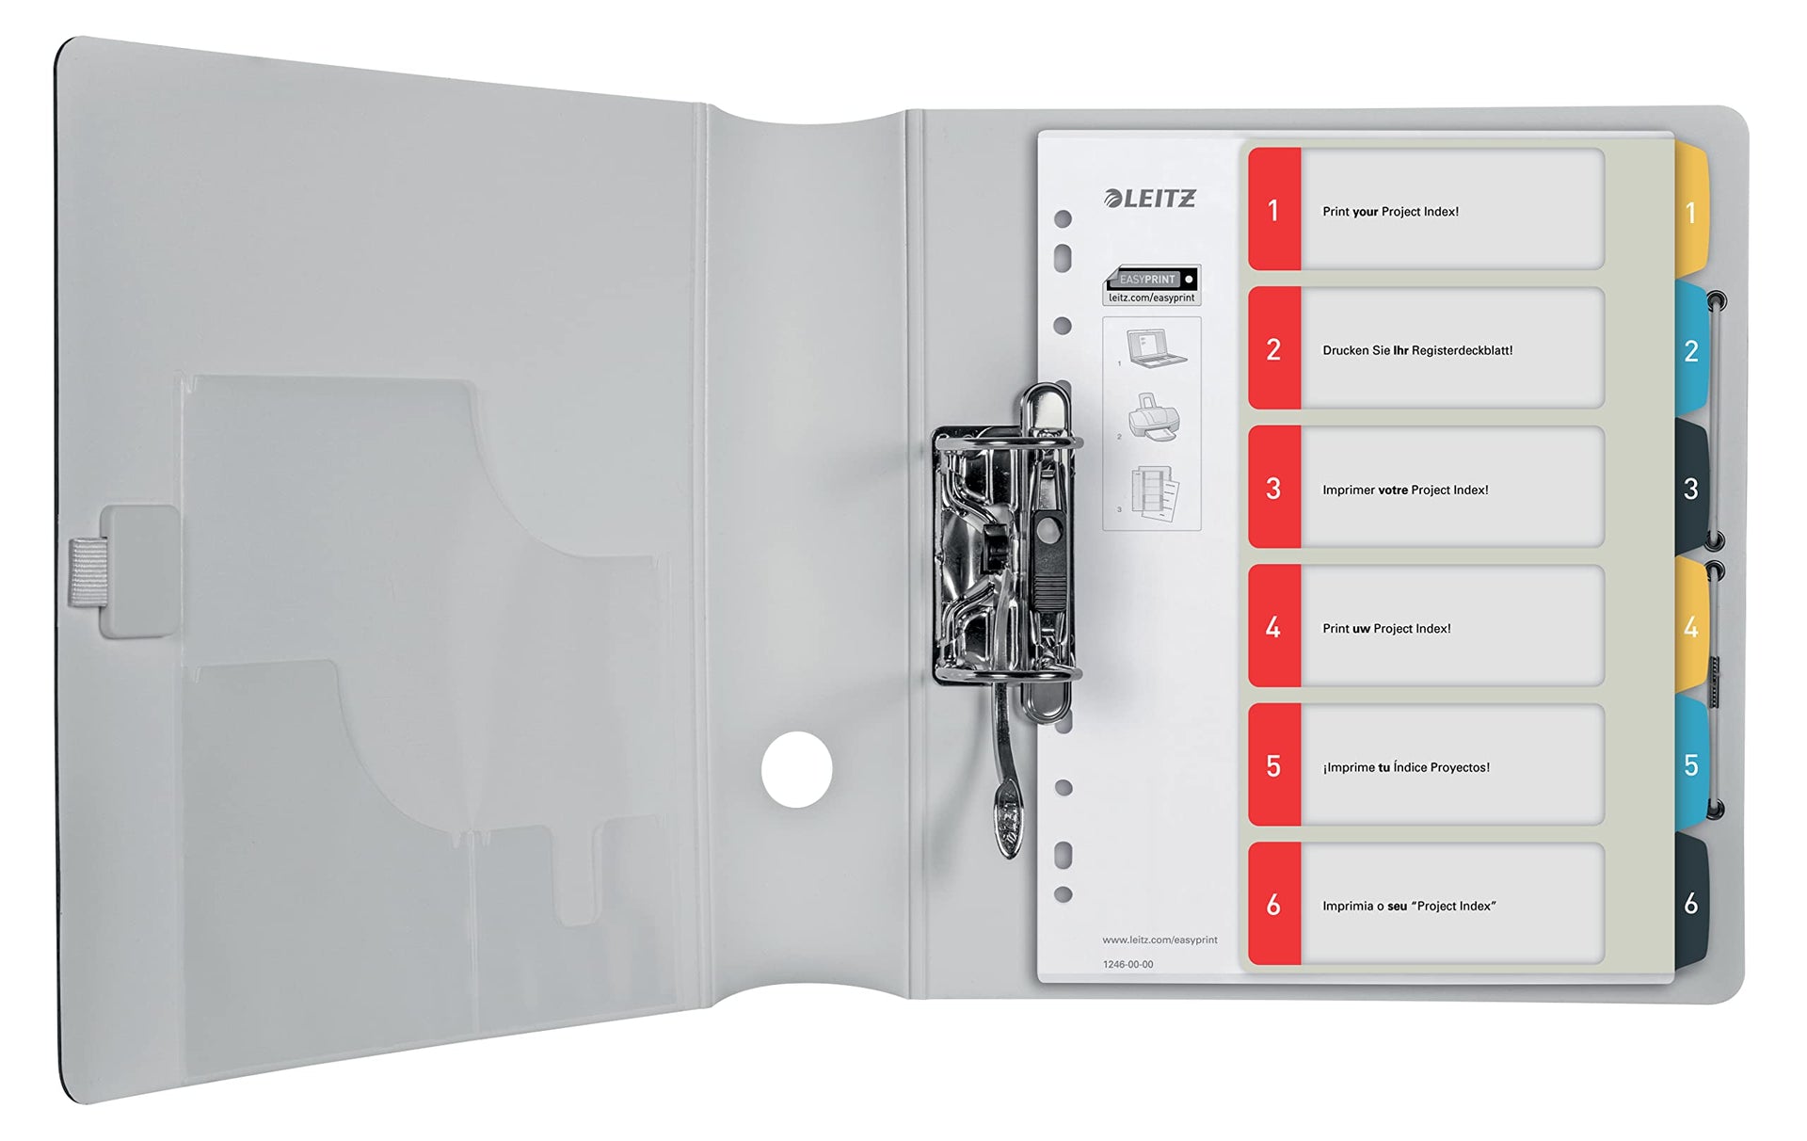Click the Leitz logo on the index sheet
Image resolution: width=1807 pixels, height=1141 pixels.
[x=1149, y=198]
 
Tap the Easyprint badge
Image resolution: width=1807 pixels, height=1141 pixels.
[x=1152, y=285]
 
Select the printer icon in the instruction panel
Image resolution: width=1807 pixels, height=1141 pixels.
[x=1154, y=417]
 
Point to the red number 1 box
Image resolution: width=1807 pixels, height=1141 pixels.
[x=1274, y=209]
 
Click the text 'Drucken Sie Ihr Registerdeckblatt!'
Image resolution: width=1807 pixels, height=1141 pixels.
[x=1417, y=350]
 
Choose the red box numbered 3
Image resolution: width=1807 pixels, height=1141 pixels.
[x=1274, y=488]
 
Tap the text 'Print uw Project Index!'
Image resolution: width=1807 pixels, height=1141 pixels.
[x=1386, y=628]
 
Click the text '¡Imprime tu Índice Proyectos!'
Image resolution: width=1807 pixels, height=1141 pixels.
[x=1406, y=767]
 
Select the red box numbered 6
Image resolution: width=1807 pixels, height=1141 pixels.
[x=1274, y=904]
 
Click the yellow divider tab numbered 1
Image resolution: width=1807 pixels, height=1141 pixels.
[x=1691, y=212]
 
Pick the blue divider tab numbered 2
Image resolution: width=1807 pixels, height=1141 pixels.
[x=1691, y=350]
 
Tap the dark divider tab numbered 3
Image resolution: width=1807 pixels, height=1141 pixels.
[x=1691, y=488]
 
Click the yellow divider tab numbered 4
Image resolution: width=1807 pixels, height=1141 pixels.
[x=1691, y=626]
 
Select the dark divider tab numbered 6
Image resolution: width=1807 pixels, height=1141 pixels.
[x=1691, y=903]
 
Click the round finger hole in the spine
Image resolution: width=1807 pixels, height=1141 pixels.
[x=796, y=769]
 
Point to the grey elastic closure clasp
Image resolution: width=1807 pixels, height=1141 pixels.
[x=125, y=571]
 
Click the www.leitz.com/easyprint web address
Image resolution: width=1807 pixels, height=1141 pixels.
[x=1159, y=940]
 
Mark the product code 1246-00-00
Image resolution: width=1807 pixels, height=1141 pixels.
[x=1127, y=964]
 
